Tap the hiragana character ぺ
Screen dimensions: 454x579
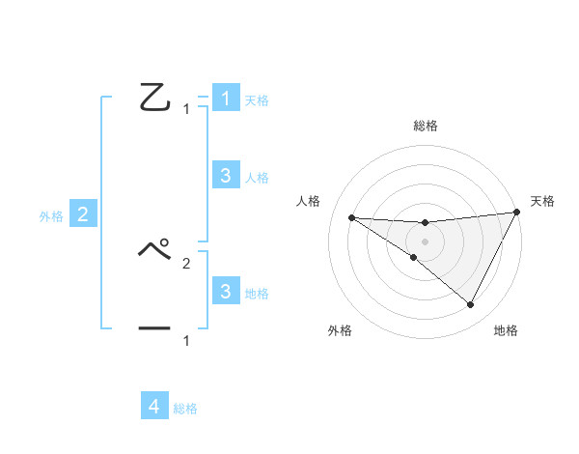tap(154, 250)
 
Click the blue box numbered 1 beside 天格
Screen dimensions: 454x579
tap(225, 99)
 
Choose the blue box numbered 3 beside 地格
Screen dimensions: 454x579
tap(225, 291)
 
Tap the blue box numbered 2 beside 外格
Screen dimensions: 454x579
tap(82, 214)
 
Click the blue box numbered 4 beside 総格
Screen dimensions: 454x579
tap(154, 407)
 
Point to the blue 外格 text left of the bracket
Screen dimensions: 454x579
tap(51, 216)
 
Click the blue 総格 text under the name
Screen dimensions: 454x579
tap(185, 409)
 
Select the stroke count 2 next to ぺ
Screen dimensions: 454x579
tap(186, 263)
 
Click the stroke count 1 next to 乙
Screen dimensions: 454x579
tap(186, 109)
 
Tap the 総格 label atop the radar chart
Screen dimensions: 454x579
tap(426, 127)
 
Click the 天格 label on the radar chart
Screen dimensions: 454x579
tap(542, 201)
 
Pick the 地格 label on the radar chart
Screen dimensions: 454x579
tap(506, 331)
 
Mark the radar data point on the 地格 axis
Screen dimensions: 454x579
tap(471, 305)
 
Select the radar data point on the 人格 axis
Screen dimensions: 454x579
tap(351, 217)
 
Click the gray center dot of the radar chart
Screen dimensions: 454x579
tap(425, 241)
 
